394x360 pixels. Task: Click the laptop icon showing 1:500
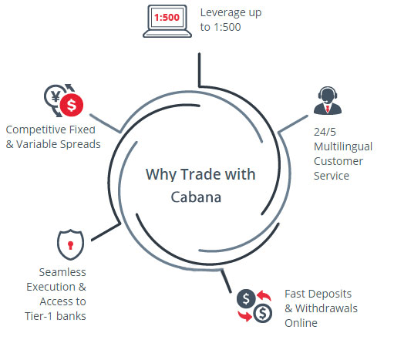[167, 22]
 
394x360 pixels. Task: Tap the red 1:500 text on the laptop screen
[167, 18]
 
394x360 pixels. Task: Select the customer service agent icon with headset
[328, 100]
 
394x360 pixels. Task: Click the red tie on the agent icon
[328, 109]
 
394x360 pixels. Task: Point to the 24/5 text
[325, 132]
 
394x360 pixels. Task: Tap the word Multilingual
[343, 147]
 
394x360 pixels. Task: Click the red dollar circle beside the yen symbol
[72, 105]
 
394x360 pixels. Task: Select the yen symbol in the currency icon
[56, 96]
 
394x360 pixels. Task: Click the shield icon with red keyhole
[70, 245]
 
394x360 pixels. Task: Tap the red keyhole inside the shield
[70, 245]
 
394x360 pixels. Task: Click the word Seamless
[62, 272]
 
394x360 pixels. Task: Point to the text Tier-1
[39, 316]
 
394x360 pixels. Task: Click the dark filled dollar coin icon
[246, 298]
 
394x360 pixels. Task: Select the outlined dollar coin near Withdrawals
[262, 313]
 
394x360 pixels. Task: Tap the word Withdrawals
[326, 308]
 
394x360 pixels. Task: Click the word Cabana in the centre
[196, 197]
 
